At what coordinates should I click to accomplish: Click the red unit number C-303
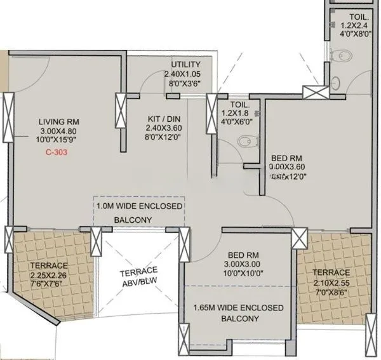click(x=57, y=153)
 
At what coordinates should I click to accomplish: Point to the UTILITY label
click(x=185, y=64)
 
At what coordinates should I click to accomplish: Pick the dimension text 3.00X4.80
click(x=57, y=131)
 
